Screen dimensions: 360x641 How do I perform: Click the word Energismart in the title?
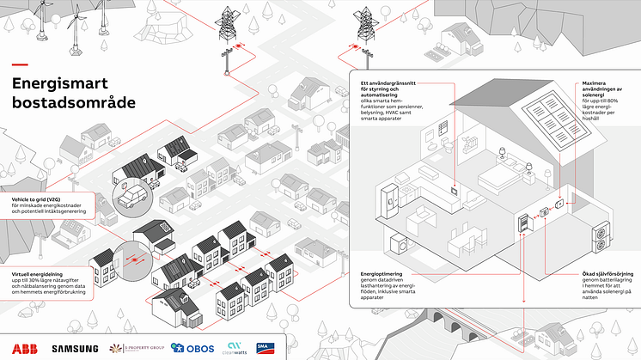58,83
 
